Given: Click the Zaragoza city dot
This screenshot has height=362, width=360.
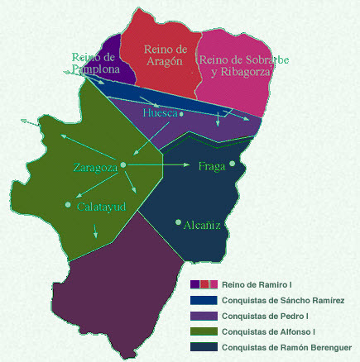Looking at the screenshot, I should pyautogui.click(x=122, y=166).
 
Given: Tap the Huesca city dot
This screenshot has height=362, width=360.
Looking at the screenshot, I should pyautogui.click(x=181, y=115).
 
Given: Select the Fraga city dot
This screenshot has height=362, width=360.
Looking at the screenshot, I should pyautogui.click(x=233, y=164).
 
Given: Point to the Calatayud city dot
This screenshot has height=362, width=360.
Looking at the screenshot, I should pyautogui.click(x=68, y=204).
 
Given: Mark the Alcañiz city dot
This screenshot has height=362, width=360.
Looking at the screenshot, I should pyautogui.click(x=178, y=221).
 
